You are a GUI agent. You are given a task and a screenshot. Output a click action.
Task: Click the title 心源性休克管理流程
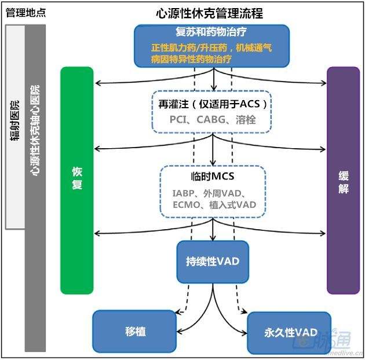[x=209, y=13]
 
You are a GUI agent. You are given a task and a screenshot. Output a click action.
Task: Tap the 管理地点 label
[x=25, y=13]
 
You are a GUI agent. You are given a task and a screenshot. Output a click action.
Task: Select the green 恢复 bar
[x=76, y=232]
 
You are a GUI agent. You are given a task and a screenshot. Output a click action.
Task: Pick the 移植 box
[x=134, y=332]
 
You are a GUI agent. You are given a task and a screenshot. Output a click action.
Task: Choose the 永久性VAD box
[x=289, y=333]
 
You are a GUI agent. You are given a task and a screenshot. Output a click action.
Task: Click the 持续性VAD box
[x=213, y=261]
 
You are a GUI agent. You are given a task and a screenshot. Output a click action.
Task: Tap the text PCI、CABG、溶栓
[x=213, y=120]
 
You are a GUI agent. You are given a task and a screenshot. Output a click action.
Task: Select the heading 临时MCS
[x=212, y=176]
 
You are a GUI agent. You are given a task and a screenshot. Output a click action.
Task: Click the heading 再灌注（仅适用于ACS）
[x=213, y=104]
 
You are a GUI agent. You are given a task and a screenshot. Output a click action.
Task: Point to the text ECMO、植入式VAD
[x=213, y=204]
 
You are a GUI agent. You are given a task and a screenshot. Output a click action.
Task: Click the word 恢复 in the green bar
[x=76, y=179]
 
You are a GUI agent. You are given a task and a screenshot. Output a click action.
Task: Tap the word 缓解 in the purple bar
[x=342, y=179]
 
